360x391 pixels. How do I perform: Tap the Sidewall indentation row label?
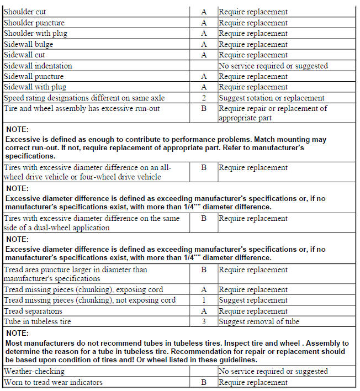38,66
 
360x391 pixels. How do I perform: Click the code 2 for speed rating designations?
204,98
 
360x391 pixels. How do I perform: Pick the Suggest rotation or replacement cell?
272,98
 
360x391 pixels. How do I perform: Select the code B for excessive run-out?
204,109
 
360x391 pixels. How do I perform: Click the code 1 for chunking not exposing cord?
204,300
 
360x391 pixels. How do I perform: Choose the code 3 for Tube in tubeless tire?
204,321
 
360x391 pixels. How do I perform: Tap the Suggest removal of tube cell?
258,321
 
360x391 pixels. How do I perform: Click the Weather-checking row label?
34,372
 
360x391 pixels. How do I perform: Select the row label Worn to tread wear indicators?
53,382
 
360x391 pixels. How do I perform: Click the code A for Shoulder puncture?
204,23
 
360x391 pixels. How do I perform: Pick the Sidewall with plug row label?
35,87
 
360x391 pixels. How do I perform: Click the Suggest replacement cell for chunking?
253,300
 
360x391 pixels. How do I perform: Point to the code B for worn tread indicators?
204,382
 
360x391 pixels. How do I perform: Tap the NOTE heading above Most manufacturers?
17,334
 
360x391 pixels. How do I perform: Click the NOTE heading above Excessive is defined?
17,129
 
